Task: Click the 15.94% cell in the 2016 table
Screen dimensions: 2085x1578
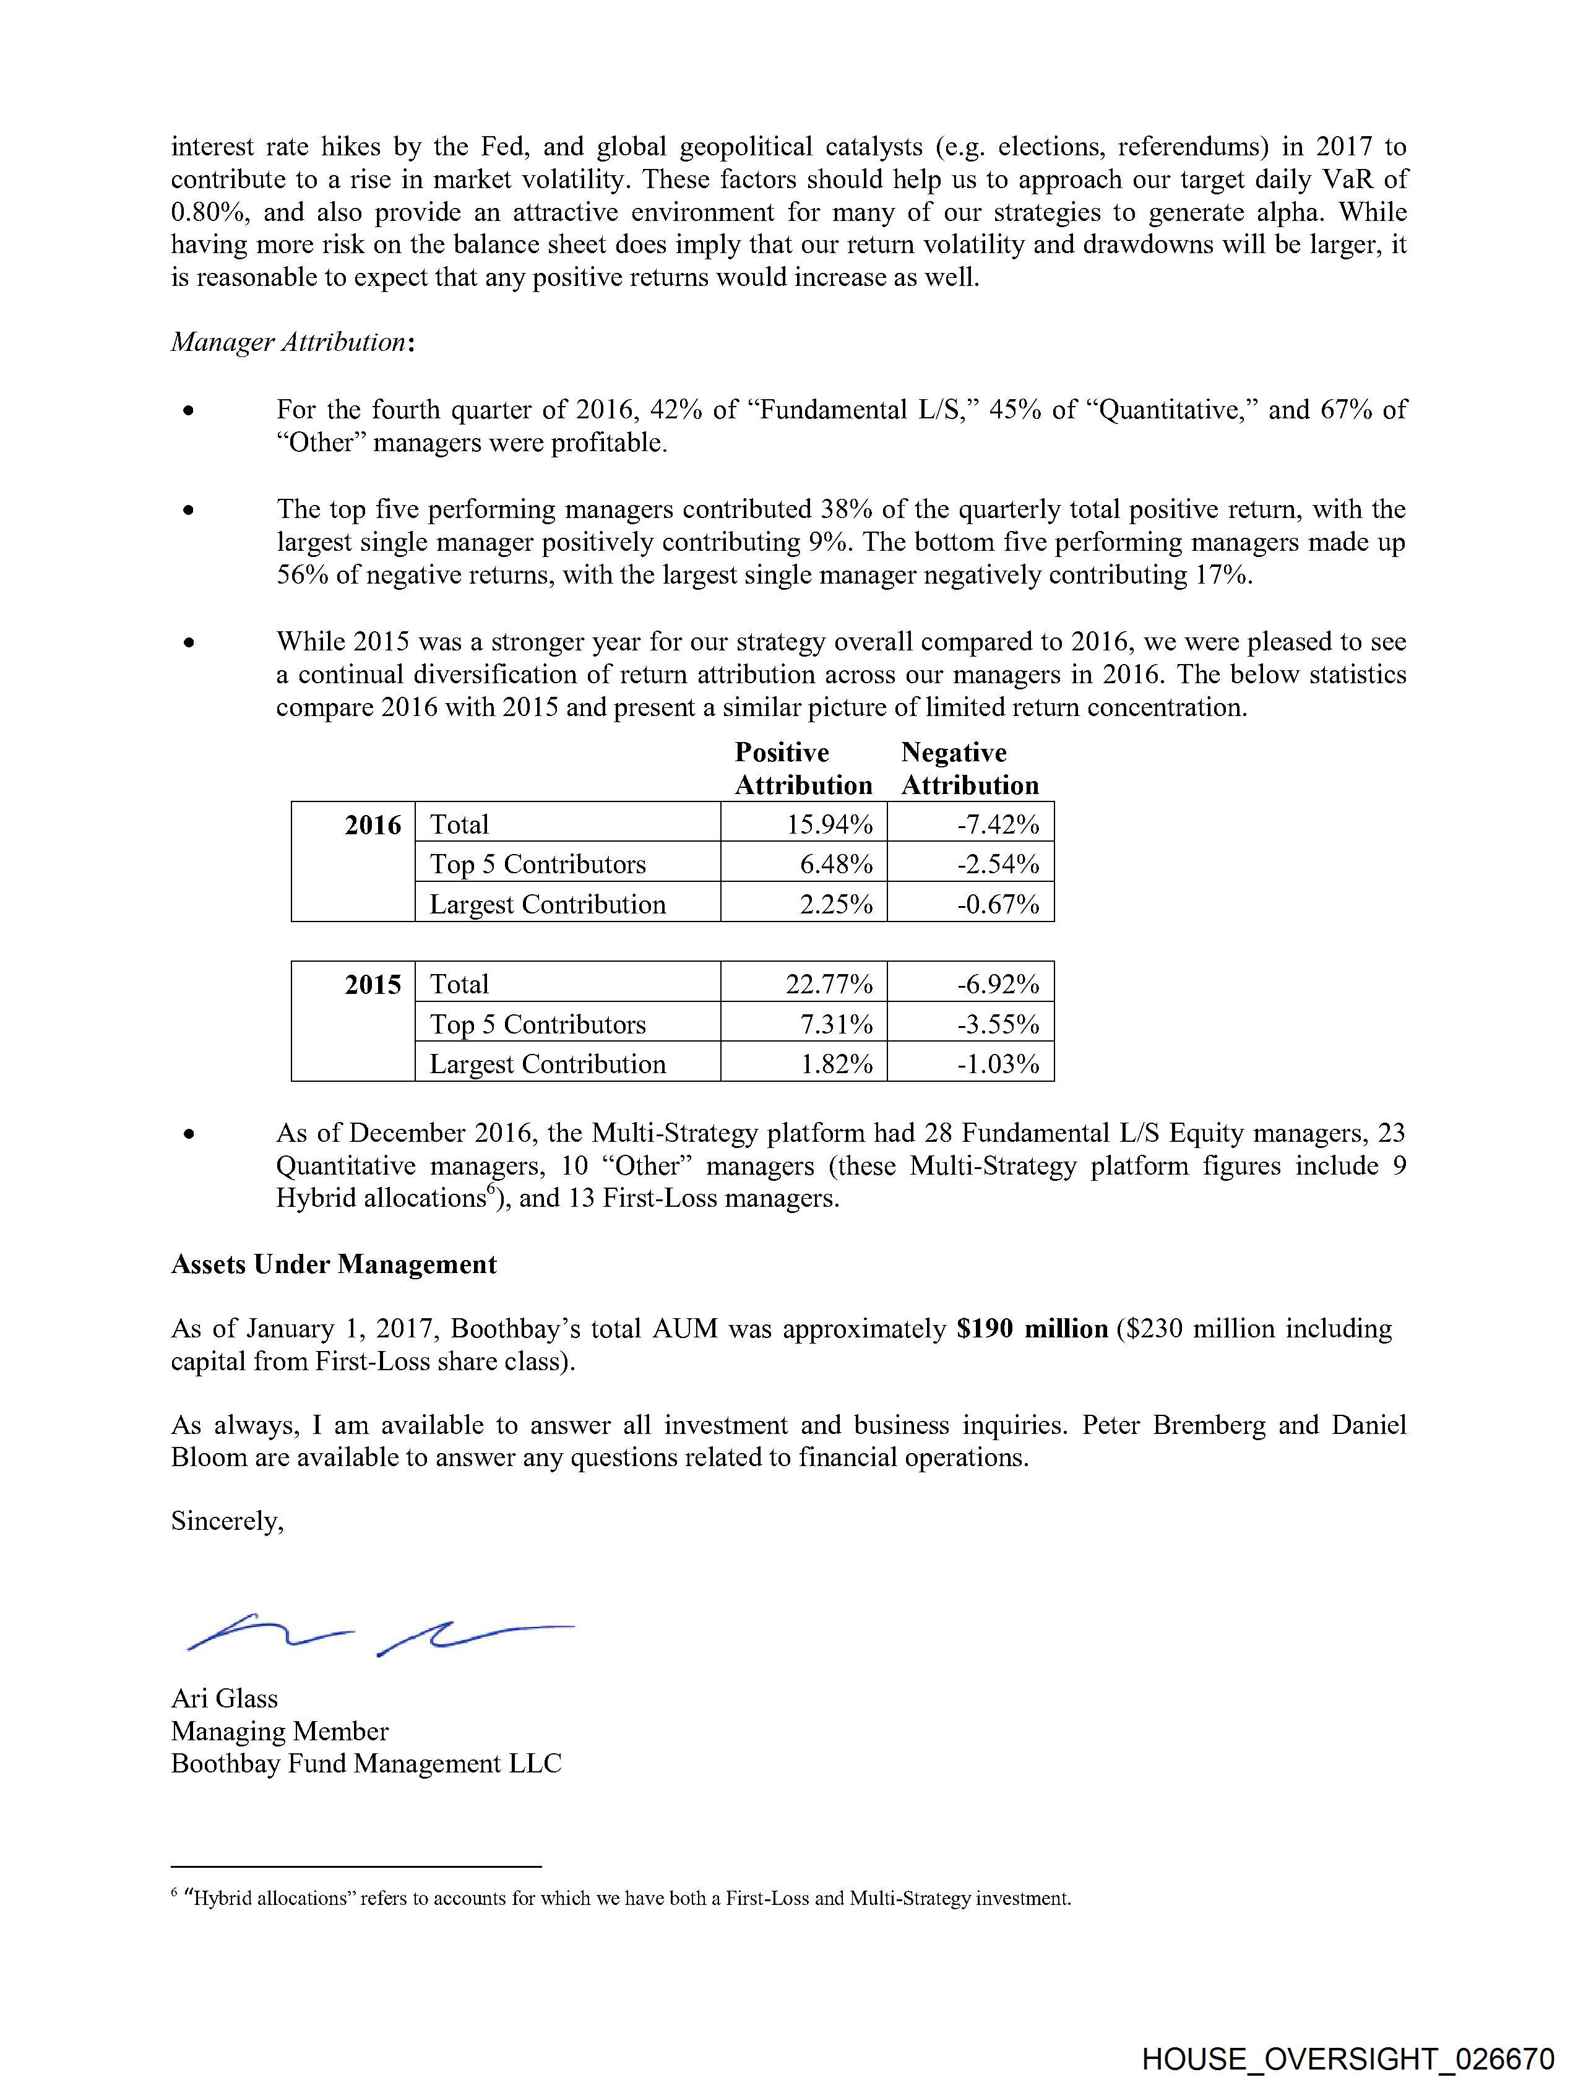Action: pos(830,825)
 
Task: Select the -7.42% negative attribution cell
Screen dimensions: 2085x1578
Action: pos(998,825)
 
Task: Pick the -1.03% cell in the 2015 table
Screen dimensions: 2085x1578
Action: pos(998,1064)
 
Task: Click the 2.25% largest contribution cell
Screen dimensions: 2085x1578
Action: pos(836,904)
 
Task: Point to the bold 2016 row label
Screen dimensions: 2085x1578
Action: pos(373,825)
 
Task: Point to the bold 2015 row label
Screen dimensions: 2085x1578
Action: pos(373,984)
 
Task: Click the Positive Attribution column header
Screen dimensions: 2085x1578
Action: pos(803,768)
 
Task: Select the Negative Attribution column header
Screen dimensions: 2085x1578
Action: pos(969,768)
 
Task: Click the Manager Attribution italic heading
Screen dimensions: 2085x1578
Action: pos(292,342)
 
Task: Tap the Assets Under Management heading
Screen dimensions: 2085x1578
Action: pos(334,1264)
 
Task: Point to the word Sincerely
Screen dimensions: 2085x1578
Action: pos(227,1521)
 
